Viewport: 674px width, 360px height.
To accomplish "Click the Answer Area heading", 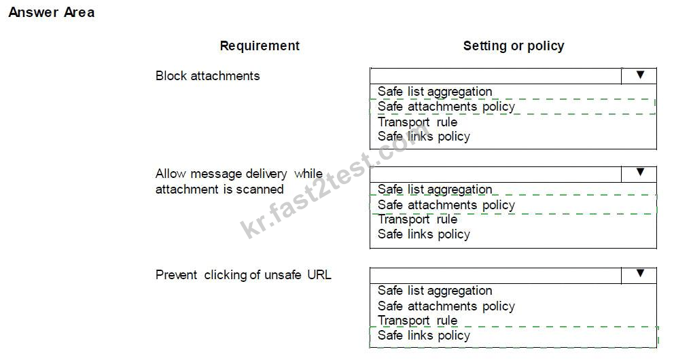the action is coord(52,12).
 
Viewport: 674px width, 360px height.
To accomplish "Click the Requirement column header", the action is coord(260,46).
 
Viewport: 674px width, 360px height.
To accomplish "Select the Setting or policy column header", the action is coord(514,46).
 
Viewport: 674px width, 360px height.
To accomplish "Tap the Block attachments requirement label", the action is coord(208,76).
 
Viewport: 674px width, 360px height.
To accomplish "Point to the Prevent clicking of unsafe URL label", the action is coord(243,275).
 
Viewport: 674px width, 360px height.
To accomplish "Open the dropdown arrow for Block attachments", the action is coord(640,75).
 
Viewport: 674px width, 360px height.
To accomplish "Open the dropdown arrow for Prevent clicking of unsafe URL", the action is coord(640,274).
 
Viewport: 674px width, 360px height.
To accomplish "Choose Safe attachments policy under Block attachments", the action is coord(446,107).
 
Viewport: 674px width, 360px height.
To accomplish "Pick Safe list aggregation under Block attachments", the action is coord(435,92).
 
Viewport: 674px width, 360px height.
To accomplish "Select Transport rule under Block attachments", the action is coord(417,122).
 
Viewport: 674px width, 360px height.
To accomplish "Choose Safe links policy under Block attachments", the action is coord(424,137).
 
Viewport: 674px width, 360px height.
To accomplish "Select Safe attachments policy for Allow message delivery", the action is coord(446,205).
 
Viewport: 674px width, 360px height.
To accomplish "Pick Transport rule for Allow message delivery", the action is coord(417,219).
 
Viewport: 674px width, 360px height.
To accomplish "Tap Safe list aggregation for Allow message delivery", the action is coord(435,190).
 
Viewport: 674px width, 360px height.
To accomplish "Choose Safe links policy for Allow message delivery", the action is coord(424,234).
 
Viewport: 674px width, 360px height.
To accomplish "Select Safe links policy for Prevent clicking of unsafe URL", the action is coord(424,336).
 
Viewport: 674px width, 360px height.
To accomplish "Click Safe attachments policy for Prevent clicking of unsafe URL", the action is coord(446,306).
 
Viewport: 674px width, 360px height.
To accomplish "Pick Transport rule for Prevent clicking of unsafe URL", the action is coord(417,321).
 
